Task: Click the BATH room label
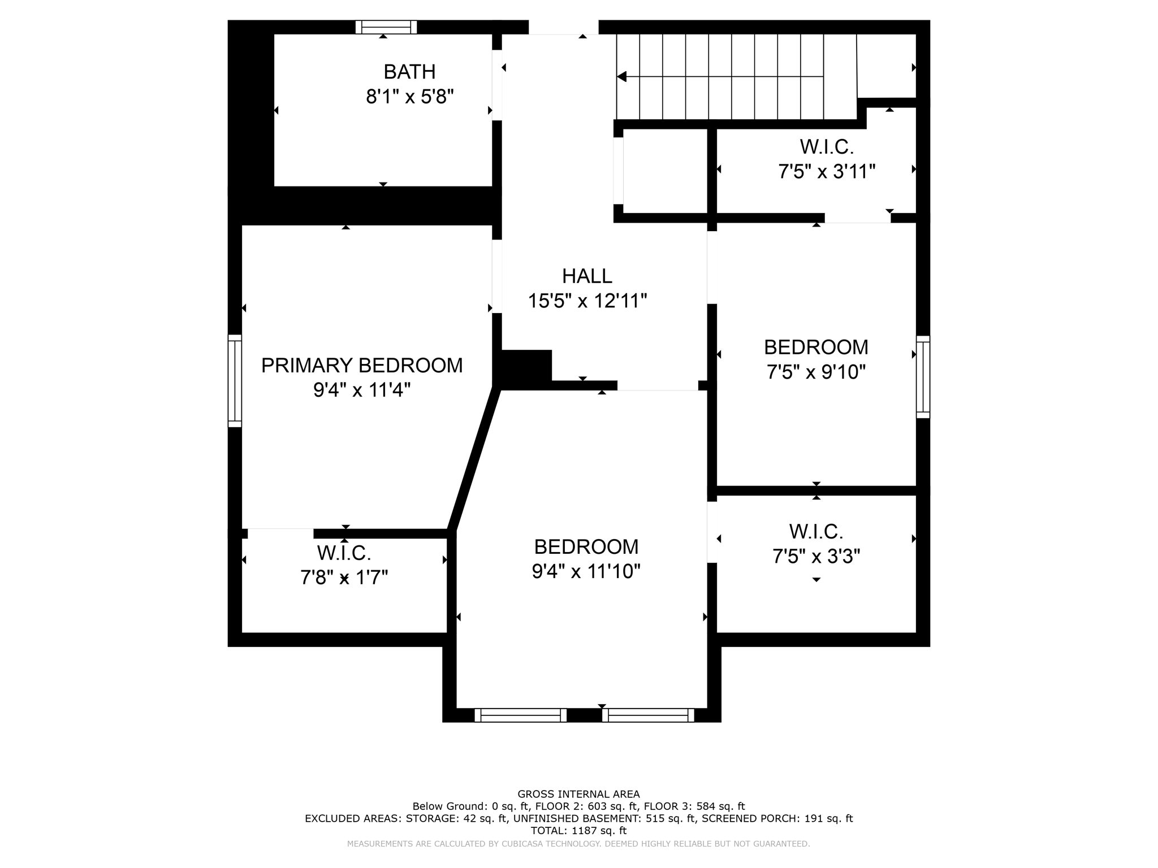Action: click(409, 72)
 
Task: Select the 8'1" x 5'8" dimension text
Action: click(409, 97)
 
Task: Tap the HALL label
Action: click(587, 276)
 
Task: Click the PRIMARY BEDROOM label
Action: click(362, 366)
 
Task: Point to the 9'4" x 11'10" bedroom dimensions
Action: click(586, 571)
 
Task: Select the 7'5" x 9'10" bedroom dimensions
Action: click(816, 372)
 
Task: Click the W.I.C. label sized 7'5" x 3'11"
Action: click(826, 147)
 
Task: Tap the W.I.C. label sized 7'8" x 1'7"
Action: click(344, 553)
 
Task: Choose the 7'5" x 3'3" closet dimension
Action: click(816, 557)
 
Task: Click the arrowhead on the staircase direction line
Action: click(622, 76)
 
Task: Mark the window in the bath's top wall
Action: click(386, 27)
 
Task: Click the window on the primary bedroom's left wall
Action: click(235, 380)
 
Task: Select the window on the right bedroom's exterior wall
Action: click(923, 377)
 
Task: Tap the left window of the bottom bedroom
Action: click(520, 715)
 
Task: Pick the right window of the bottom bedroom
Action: click(648, 715)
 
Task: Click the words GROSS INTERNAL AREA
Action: click(578, 794)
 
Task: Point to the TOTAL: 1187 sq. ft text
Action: click(578, 831)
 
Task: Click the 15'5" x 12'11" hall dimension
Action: click(587, 301)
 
